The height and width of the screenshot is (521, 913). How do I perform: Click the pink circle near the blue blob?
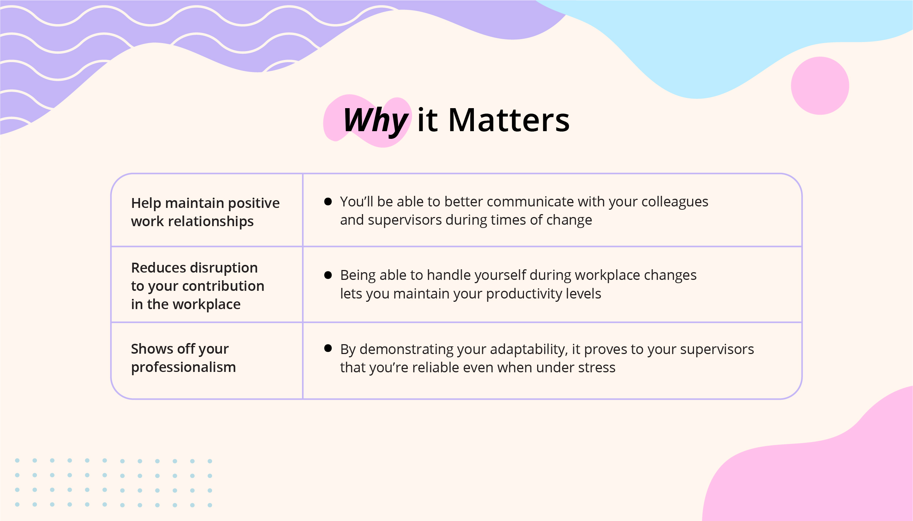point(820,85)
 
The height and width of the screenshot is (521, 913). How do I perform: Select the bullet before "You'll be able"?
point(328,201)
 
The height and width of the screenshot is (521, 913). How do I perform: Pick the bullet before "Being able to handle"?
point(328,275)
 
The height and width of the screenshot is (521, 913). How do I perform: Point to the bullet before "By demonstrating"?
point(328,348)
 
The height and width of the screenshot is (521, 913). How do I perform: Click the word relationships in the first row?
point(211,222)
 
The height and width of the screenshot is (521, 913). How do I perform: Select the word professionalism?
point(184,368)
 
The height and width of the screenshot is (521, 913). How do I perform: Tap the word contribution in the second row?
point(223,286)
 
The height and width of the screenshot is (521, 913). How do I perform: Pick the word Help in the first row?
point(146,204)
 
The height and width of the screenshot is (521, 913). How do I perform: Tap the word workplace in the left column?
point(207,305)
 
